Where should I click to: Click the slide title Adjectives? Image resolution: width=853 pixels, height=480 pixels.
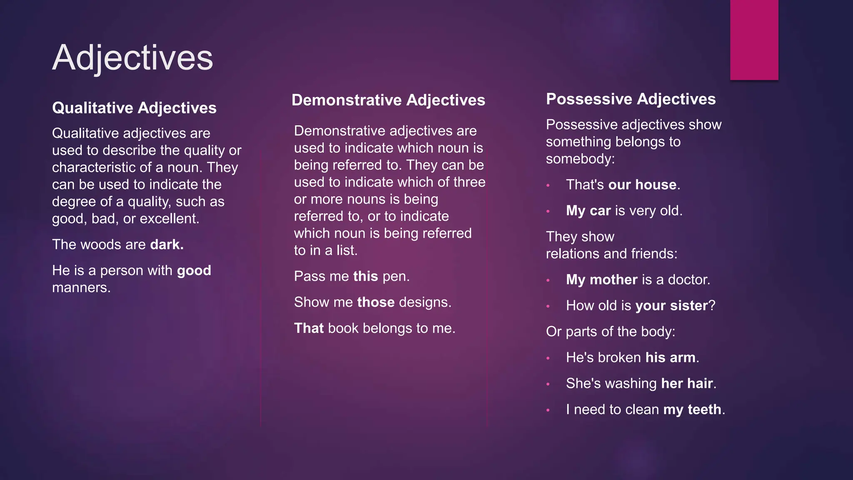132,57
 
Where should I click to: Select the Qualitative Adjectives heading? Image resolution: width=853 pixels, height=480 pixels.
134,108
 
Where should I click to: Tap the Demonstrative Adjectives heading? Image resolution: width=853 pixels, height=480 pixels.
388,100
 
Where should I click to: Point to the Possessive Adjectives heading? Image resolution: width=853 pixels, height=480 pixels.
631,99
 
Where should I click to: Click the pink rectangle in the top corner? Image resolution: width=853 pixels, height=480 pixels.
754,40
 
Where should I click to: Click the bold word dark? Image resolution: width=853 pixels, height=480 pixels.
166,245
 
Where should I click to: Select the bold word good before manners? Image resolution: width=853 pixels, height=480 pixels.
194,270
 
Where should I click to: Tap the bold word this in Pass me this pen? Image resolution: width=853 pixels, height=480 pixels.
365,276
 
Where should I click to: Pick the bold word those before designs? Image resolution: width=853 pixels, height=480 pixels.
376,302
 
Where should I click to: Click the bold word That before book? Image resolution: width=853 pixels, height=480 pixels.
309,328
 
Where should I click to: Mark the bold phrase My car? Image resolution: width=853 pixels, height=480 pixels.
588,211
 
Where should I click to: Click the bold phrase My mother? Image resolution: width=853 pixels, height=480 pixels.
601,280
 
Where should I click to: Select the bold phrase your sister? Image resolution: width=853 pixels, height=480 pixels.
671,306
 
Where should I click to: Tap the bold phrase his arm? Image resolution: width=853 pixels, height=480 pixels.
670,357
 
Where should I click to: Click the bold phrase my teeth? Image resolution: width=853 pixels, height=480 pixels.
692,410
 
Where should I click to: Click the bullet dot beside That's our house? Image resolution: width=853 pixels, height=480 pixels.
548,185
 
